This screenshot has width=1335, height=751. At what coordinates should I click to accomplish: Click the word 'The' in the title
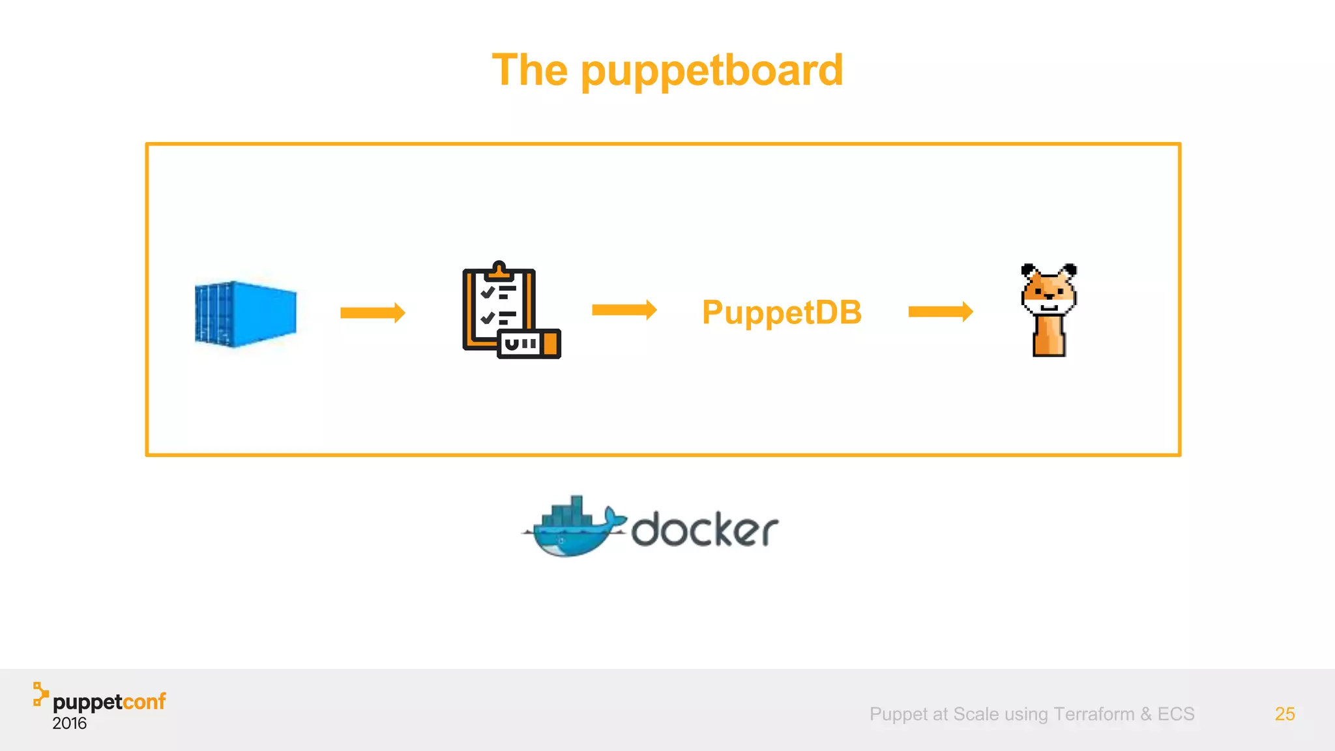(529, 70)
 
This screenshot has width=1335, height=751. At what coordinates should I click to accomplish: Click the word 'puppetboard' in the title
(712, 71)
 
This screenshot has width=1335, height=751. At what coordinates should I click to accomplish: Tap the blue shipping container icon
(246, 314)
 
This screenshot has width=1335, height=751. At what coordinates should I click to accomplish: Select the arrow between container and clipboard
(372, 313)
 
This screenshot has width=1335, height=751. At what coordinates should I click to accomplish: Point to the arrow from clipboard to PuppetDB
(624, 310)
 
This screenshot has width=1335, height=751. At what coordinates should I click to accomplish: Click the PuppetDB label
(782, 312)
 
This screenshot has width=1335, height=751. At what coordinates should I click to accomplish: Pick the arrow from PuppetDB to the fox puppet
(940, 312)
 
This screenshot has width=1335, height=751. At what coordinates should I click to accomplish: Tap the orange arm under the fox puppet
(1049, 336)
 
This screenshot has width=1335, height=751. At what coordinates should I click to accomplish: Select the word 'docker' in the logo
(705, 529)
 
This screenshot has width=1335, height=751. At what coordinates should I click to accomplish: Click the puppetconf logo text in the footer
(109, 702)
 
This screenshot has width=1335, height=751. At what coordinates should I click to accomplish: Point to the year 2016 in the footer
(69, 724)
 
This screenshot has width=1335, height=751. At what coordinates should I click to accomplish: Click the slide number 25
(1284, 714)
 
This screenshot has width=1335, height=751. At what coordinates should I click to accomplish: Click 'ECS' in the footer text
(1175, 714)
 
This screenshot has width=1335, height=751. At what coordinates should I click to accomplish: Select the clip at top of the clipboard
(499, 269)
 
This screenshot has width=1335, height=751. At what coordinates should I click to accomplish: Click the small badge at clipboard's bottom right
(529, 344)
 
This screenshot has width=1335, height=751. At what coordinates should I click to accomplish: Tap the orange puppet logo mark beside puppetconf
(40, 694)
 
